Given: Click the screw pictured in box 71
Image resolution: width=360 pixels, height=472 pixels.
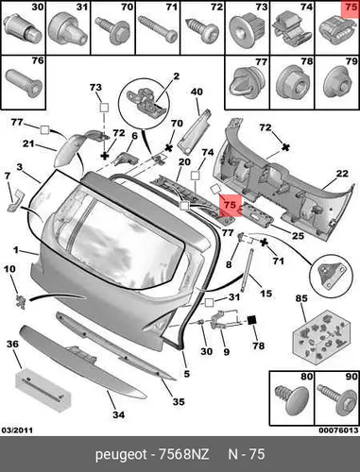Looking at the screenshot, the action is [158, 31].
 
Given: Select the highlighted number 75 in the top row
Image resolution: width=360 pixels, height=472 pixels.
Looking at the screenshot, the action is [351, 8].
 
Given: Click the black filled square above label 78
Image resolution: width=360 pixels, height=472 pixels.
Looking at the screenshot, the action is [252, 320].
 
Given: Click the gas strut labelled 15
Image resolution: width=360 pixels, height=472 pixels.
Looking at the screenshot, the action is [247, 270].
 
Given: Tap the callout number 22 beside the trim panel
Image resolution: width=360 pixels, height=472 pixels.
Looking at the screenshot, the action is [341, 174].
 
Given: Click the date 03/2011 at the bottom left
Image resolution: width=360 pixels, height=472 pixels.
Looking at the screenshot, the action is [17, 430].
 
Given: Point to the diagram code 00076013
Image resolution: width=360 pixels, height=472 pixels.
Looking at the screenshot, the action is [338, 430].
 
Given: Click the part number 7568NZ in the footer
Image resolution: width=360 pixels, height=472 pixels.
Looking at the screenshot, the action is [183, 454].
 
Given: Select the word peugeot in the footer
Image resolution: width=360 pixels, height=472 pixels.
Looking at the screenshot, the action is [121, 455].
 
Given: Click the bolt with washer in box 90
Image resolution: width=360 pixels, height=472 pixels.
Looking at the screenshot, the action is [336, 399].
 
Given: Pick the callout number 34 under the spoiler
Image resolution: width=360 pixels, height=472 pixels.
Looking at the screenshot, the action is [119, 414].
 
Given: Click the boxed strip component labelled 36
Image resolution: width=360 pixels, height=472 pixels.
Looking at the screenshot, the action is [43, 391].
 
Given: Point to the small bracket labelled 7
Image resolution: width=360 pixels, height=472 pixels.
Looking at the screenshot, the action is [13, 201].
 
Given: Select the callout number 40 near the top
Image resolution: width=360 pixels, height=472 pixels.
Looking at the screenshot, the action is [197, 92].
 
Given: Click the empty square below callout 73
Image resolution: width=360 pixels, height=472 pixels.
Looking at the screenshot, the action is [104, 108].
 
